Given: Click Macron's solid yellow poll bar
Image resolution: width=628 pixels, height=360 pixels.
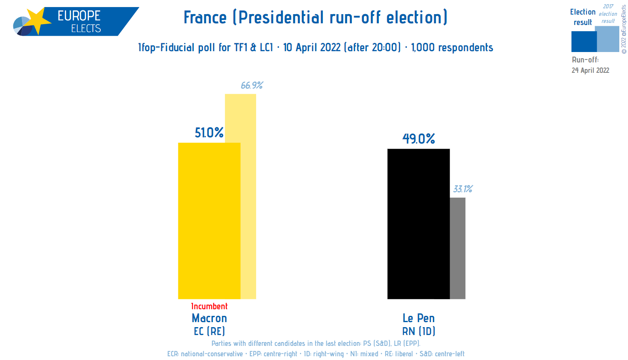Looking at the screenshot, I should (209, 221).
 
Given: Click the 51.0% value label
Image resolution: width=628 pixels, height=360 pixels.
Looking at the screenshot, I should (209, 133).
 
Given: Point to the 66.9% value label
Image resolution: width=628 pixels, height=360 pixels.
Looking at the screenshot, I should (252, 85).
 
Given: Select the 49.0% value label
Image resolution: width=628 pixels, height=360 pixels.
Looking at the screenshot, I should (418, 139).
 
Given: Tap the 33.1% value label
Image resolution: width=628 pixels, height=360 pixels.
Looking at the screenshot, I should (462, 189).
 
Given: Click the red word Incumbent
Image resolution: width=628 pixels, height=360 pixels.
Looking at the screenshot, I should (209, 306).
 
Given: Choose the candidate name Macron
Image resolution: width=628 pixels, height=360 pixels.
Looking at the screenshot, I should (209, 318).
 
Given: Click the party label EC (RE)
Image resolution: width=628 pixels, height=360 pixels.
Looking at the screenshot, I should (209, 331).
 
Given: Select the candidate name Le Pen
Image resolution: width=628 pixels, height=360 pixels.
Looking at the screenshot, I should (418, 318).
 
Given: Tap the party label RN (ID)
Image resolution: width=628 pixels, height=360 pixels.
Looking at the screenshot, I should (418, 331).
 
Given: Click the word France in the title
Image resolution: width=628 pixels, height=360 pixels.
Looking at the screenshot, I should (205, 17).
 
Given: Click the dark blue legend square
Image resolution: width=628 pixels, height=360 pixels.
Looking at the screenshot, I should (583, 42).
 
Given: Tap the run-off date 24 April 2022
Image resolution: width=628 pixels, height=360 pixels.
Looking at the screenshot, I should (590, 70).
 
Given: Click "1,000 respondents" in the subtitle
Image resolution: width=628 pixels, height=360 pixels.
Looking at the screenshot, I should (452, 47).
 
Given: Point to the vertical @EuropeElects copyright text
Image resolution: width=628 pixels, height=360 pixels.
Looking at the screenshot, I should (623, 29).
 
